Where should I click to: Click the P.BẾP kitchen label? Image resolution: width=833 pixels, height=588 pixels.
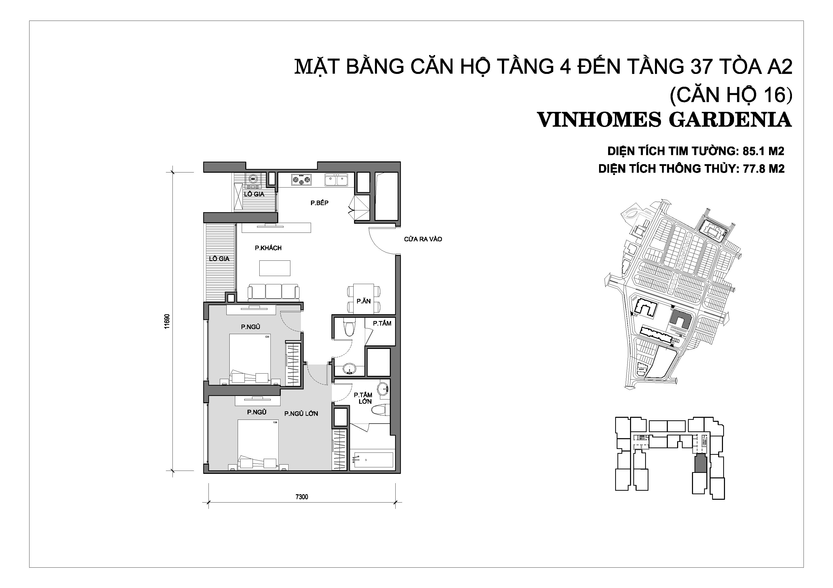319,203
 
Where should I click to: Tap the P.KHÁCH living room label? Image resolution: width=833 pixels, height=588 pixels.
268,248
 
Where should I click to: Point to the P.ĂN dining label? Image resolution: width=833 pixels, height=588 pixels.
364,301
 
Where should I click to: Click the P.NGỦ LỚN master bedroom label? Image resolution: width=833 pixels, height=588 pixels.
301,413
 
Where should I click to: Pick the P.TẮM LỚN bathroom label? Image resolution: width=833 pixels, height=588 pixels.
363,398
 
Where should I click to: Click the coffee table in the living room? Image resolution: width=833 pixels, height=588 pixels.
275,268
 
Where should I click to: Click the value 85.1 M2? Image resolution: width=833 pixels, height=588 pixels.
763,151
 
